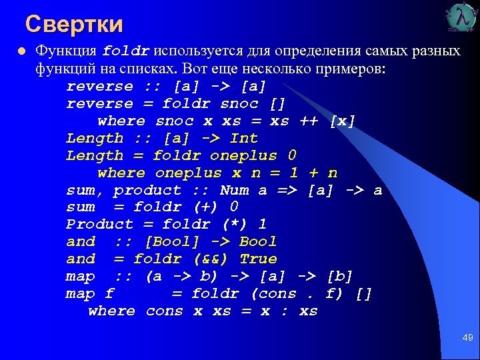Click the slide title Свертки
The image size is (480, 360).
tap(74, 25)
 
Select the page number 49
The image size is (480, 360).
tap(467, 338)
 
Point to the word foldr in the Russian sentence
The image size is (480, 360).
tap(127, 51)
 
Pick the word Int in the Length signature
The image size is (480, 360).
tap(243, 138)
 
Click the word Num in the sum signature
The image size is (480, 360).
tap(234, 190)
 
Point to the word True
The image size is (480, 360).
tap(258, 259)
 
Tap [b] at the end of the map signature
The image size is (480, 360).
tap(339, 277)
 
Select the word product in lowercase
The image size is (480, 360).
tap(147, 190)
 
